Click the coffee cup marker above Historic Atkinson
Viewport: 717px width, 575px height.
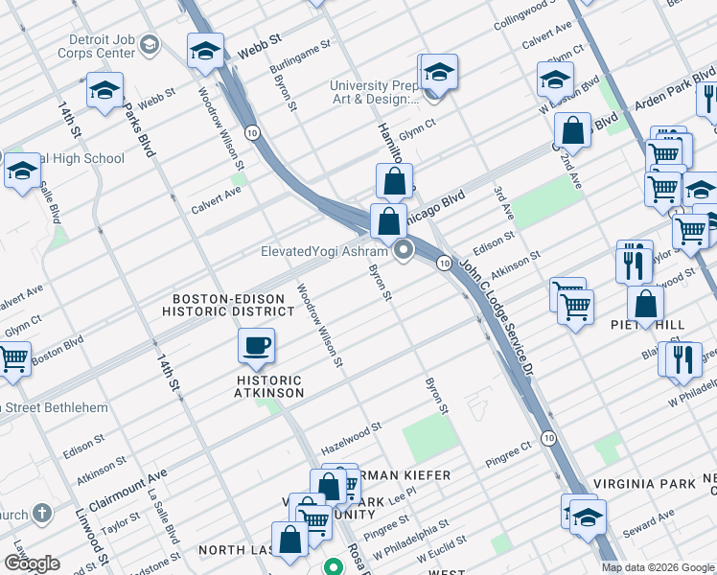(x=255, y=345)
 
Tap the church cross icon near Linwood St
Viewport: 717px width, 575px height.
(x=41, y=514)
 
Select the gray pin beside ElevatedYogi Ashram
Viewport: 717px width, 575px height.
(x=404, y=252)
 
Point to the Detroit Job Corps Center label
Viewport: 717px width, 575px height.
(x=102, y=47)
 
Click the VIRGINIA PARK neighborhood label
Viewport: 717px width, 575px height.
(x=642, y=484)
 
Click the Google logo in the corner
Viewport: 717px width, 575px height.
(x=32, y=563)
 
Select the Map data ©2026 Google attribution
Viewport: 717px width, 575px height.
(x=658, y=567)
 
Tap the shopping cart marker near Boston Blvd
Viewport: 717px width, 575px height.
(x=12, y=358)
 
